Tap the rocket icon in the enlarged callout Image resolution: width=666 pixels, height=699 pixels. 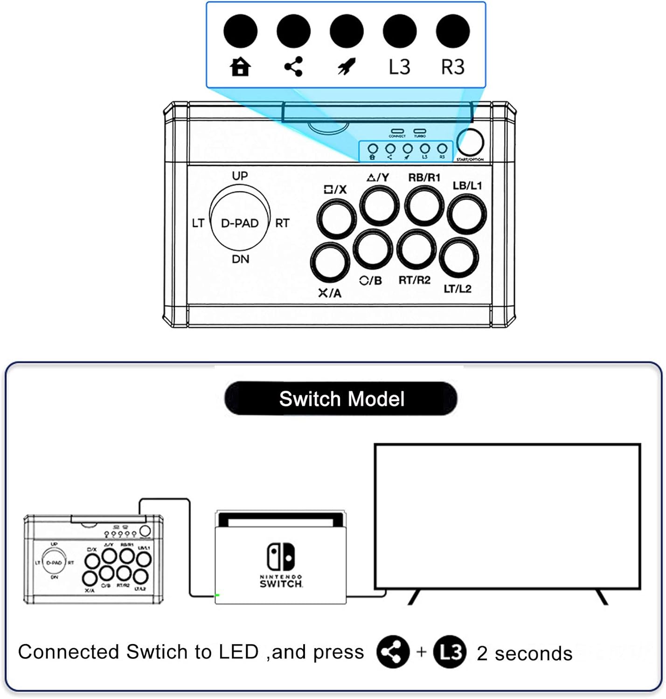coord(346,67)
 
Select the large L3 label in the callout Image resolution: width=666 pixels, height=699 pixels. coord(400,67)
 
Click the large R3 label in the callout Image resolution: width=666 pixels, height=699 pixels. coord(453,67)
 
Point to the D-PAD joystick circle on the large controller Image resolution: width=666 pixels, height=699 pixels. coord(240,223)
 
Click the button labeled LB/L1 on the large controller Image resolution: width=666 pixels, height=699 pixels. coord(467,214)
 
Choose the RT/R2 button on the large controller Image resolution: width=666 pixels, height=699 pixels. coord(417,250)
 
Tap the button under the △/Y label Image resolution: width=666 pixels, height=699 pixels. coord(380,206)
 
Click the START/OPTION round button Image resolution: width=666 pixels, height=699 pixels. coord(470,143)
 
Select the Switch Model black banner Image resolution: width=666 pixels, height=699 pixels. coord(341,399)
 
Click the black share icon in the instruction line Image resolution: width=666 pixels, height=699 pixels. coord(393,651)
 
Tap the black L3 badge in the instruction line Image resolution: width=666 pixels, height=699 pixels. coord(450,651)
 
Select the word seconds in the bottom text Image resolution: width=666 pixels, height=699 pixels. coord(534,654)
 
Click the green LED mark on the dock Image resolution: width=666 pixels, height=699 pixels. coord(217,595)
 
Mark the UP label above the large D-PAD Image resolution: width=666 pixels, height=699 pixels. coord(240,176)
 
